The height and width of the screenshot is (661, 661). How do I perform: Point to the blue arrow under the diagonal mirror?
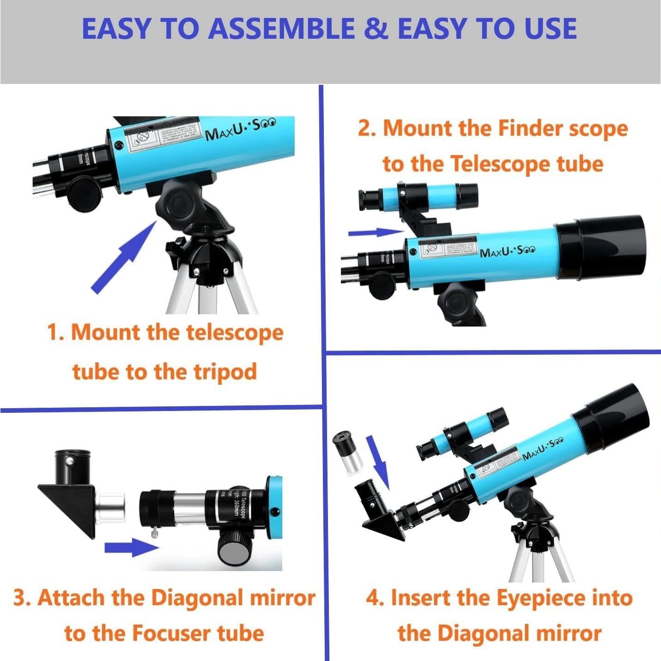point(131,548)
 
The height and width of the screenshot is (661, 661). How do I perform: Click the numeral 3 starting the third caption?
point(20,598)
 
